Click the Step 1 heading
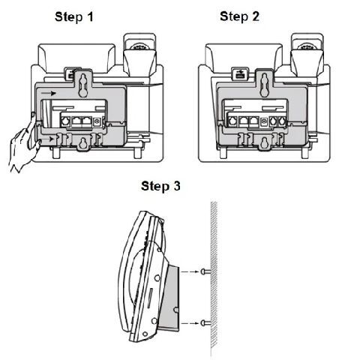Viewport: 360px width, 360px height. click(74, 17)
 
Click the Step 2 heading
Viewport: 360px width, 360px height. click(239, 16)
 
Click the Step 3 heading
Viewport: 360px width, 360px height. click(160, 186)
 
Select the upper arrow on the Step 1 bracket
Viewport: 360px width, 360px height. click(49, 93)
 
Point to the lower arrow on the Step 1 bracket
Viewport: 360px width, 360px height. click(47, 139)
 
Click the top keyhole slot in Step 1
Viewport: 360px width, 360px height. click(83, 85)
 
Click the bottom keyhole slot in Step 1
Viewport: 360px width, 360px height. click(82, 143)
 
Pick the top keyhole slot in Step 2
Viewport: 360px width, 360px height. click(264, 85)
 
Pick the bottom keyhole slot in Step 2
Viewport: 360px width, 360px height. click(263, 143)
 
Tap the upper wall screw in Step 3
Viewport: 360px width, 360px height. click(205, 271)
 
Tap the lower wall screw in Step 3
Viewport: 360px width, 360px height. click(205, 323)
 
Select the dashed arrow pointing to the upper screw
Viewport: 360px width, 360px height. click(190, 271)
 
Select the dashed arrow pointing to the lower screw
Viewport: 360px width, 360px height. click(190, 323)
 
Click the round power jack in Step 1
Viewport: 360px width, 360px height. click(97, 121)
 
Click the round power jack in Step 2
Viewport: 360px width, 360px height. click(263, 121)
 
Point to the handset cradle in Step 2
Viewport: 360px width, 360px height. click(307, 54)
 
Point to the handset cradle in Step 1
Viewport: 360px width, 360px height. click(139, 54)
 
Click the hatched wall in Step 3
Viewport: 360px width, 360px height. click(214, 275)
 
